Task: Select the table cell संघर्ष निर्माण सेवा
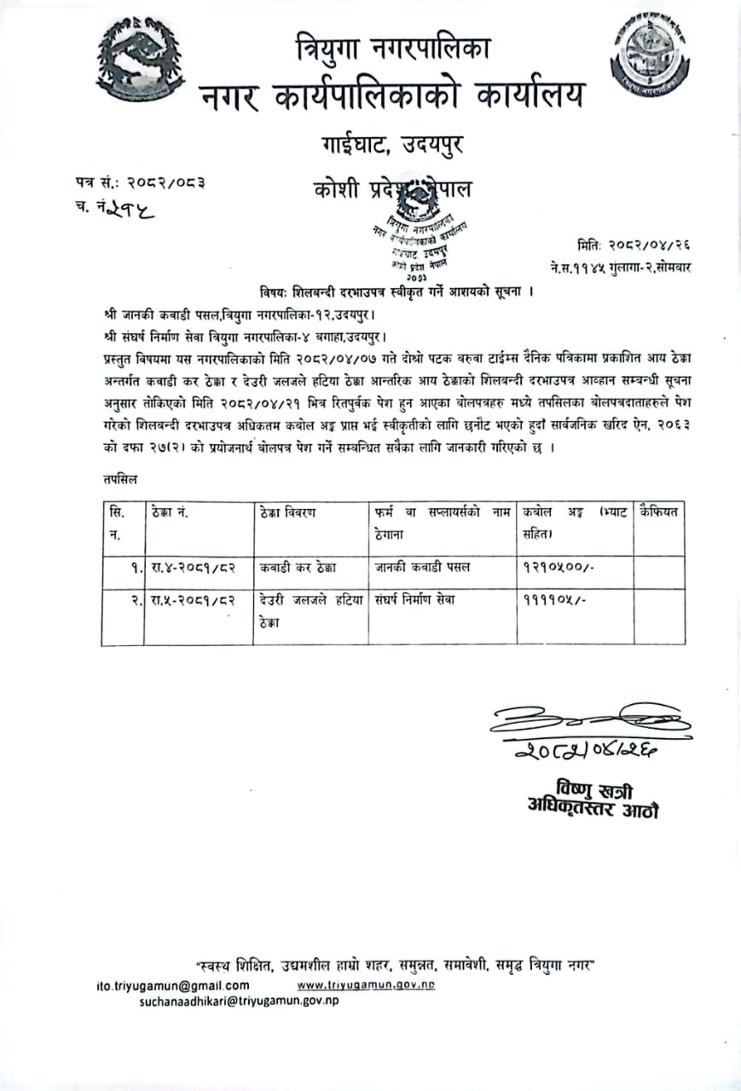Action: (x=414, y=599)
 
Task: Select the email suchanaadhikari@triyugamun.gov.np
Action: (x=239, y=1001)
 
